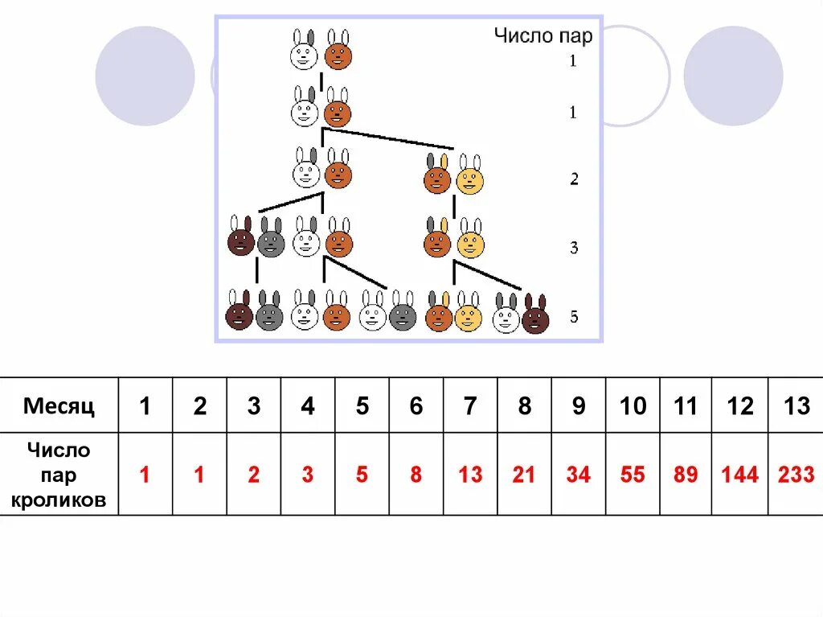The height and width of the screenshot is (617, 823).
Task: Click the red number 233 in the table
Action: (x=796, y=475)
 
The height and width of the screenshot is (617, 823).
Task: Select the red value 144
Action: (x=739, y=475)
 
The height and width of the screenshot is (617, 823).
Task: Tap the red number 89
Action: (x=686, y=475)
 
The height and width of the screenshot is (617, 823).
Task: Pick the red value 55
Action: (x=633, y=475)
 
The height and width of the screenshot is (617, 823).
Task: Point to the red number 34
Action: (x=578, y=475)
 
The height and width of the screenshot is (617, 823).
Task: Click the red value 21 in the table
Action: (x=524, y=475)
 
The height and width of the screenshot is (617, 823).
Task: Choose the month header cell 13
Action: (x=796, y=405)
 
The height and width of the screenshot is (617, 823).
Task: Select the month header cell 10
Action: (x=633, y=405)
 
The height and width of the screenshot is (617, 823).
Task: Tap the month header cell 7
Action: (x=469, y=405)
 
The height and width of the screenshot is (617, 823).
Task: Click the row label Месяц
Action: (x=59, y=405)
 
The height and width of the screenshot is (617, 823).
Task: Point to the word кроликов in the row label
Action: (x=59, y=500)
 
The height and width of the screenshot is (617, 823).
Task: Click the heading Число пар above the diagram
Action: (x=543, y=36)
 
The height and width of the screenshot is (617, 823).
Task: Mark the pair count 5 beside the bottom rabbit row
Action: (x=574, y=317)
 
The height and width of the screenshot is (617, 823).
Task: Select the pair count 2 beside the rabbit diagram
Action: (x=574, y=179)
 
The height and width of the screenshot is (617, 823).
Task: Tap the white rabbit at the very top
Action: (x=304, y=52)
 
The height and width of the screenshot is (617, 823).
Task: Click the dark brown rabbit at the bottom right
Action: (x=535, y=315)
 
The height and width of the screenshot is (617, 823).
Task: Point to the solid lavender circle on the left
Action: (x=145, y=76)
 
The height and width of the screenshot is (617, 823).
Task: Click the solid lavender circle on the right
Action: (x=732, y=76)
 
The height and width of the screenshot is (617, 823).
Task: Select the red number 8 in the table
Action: (x=416, y=475)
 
